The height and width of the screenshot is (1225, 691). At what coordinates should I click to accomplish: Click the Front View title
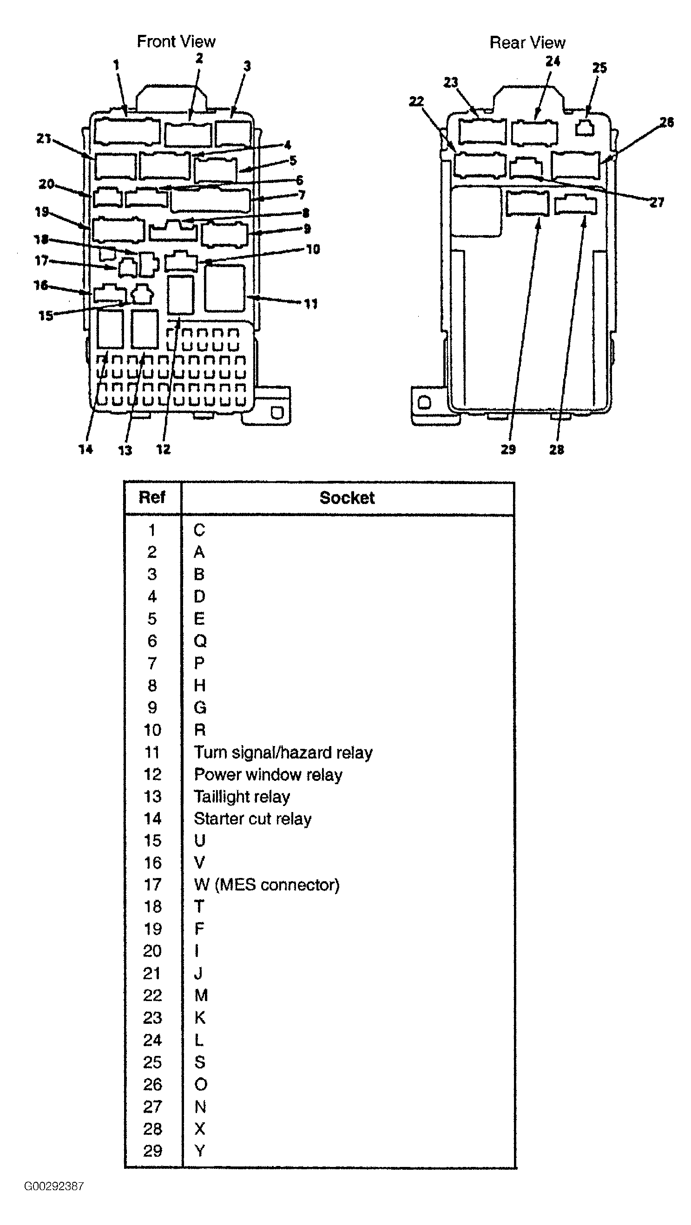[x=176, y=42]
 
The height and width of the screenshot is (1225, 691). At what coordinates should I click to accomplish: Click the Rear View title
[x=527, y=43]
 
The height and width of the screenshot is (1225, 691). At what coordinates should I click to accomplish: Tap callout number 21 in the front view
[x=44, y=139]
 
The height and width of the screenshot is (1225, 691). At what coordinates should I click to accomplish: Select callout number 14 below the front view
[x=86, y=449]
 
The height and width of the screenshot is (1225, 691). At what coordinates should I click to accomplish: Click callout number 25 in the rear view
[x=599, y=67]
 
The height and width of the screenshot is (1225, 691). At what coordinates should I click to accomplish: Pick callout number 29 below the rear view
[x=508, y=449]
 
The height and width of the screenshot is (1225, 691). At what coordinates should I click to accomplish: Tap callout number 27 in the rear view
[x=656, y=203]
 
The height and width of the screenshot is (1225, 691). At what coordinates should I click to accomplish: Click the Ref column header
[x=151, y=498]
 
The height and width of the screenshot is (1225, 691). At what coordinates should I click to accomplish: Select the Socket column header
[x=347, y=498]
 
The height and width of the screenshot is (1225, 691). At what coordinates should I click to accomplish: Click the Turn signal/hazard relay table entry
[x=283, y=752]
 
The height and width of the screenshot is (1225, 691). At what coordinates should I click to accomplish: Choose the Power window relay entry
[x=268, y=775]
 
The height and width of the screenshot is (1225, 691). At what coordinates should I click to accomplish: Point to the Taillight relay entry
[x=242, y=797]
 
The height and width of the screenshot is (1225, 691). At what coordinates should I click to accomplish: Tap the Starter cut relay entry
[x=252, y=819]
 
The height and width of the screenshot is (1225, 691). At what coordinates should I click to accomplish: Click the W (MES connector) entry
[x=266, y=884]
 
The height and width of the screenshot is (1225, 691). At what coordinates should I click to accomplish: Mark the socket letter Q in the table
[x=200, y=641]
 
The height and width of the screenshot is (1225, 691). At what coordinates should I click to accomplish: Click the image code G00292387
[x=54, y=1186]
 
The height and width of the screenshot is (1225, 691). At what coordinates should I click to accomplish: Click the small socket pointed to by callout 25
[x=585, y=128]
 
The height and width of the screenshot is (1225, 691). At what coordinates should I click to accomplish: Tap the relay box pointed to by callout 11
[x=224, y=288]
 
